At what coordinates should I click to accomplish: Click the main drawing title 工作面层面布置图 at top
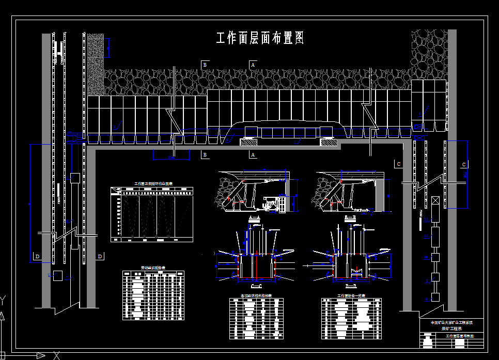pos(259,38)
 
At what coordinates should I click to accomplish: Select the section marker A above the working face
pos(253,65)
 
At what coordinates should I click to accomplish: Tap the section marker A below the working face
pos(253,154)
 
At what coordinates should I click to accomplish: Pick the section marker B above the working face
pos(205,65)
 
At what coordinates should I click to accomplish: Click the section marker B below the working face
pos(205,154)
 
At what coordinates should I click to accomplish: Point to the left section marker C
pos(398,164)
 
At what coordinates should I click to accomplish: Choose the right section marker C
pos(464,164)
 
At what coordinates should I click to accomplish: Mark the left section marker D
pos(37,256)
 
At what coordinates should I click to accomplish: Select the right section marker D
pos(100,256)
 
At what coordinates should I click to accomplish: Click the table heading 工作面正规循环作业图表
pos(153,183)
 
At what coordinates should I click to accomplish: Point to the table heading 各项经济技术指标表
pos(256,296)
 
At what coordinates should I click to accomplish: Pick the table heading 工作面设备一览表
pos(351,296)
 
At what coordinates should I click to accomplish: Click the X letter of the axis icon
pos(57,355)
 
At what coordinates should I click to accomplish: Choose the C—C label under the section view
pos(256,285)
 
